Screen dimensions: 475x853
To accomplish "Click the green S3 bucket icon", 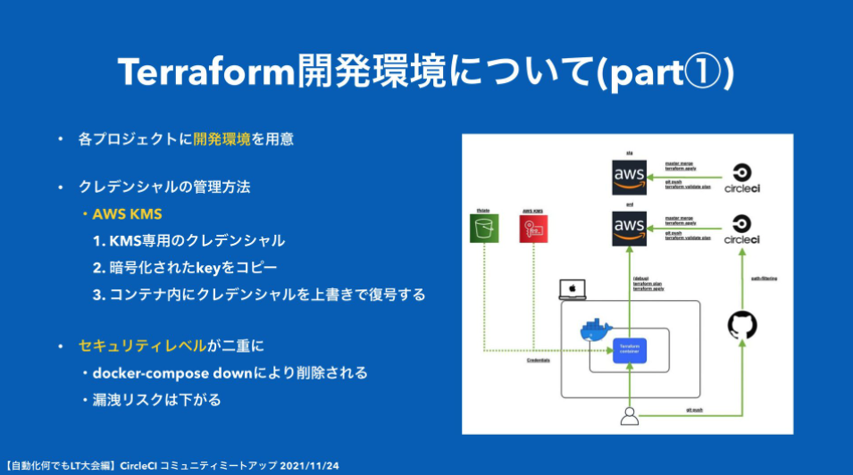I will coord(483,228).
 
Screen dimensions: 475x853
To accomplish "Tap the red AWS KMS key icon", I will coord(533,228).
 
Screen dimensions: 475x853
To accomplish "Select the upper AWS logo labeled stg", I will coord(629,176).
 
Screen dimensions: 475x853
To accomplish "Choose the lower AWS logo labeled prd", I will coord(629,229).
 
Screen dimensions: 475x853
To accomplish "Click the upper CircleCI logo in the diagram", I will coord(740,178).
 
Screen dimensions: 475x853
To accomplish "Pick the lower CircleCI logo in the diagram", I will coord(740,229).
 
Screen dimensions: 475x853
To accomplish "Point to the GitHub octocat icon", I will coord(741,324).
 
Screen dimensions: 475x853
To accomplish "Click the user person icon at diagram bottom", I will coord(630,415).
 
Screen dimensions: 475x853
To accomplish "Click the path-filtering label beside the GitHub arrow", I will coord(764,278).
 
